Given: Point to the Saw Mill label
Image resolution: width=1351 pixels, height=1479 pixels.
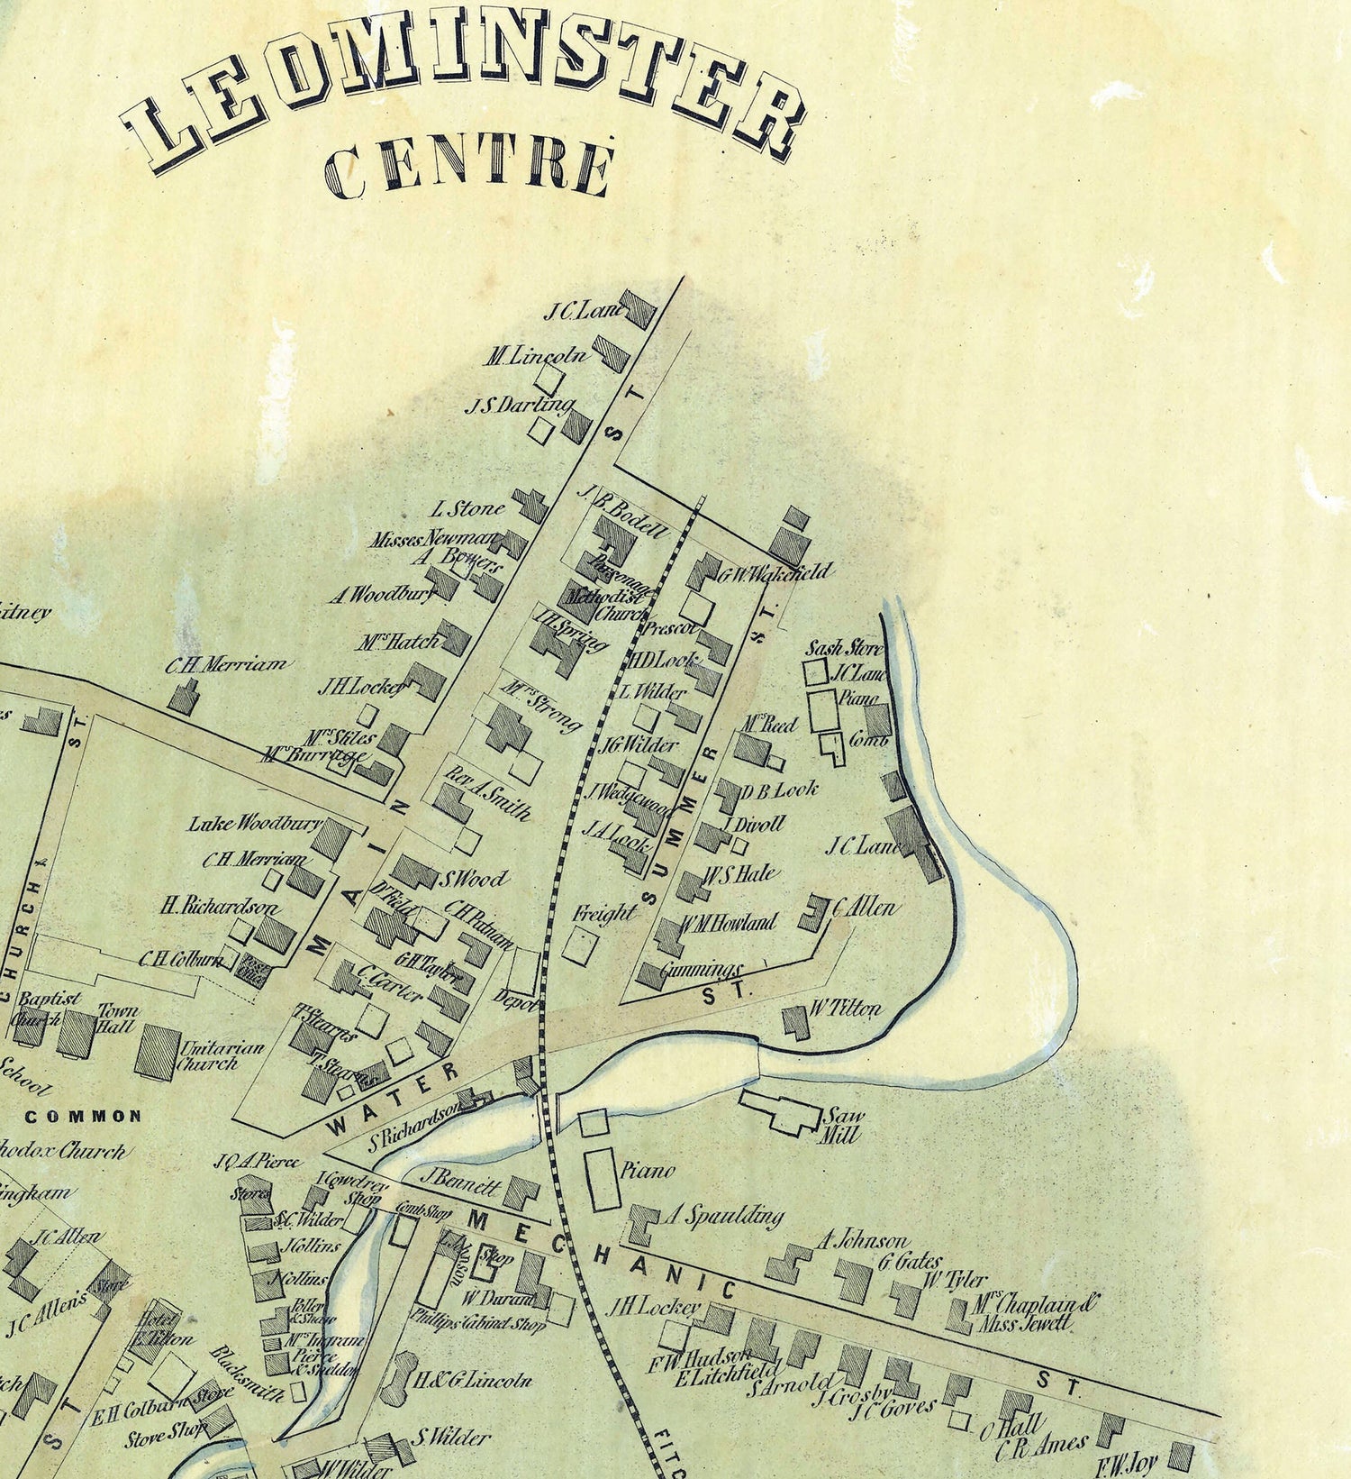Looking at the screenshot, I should click(843, 1125).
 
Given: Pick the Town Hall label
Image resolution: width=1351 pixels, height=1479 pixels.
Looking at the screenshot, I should click(116, 1018).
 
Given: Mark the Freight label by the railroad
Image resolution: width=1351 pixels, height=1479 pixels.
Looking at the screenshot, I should click(604, 913).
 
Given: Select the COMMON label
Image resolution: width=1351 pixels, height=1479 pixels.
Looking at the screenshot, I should click(83, 1116).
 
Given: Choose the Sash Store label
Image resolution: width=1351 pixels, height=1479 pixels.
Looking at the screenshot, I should click(844, 648).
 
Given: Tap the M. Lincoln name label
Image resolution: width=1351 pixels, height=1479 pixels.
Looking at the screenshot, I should click(537, 356).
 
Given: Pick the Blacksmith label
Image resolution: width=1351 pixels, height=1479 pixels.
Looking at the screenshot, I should click(248, 1373).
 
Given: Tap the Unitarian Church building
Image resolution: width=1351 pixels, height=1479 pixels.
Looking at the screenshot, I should click(156, 1049).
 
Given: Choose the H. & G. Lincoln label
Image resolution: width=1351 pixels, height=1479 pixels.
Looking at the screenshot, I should click(472, 1380).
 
